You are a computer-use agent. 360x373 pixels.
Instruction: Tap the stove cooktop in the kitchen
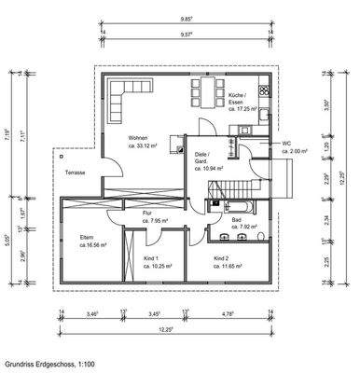pos(265,90)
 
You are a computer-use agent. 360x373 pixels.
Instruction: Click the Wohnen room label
pos(140,136)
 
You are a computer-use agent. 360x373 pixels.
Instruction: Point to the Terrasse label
pos(76,173)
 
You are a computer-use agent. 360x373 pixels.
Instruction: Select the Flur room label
pos(146,214)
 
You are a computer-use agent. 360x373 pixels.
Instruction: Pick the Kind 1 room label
pos(151,257)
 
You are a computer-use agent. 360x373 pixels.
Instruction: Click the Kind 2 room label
pos(220,257)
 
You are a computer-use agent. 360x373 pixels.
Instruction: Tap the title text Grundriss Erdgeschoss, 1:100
pos(48,363)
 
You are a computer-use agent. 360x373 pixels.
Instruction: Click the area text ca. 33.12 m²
pos(143,146)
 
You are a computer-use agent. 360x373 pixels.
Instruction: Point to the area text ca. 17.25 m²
pos(247,109)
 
